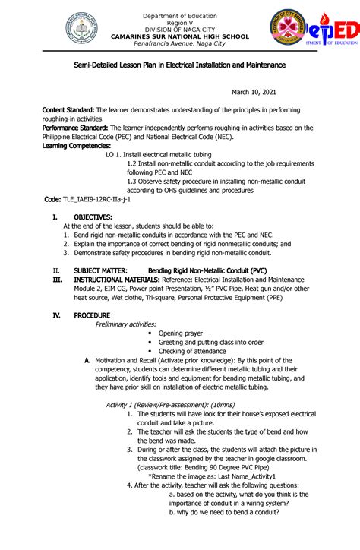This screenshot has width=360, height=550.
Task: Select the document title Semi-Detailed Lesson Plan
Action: (x=180, y=65)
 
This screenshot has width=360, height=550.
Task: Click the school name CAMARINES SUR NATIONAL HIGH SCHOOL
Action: (x=180, y=36)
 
